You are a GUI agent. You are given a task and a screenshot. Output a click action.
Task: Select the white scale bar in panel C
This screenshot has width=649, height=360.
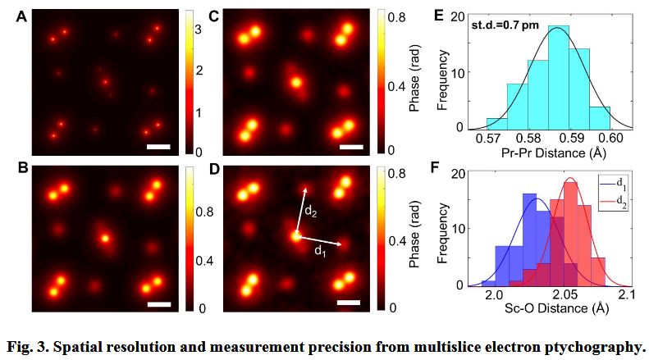[350, 147]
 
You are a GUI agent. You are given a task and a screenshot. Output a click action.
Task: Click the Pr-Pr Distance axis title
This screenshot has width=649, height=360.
[550, 151]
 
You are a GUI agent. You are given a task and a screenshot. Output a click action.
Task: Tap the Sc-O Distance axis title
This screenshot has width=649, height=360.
[550, 308]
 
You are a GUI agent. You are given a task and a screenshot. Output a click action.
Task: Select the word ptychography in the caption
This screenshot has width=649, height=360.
[594, 344]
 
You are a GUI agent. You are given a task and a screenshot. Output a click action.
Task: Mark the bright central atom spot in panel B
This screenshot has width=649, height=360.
[104, 239]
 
